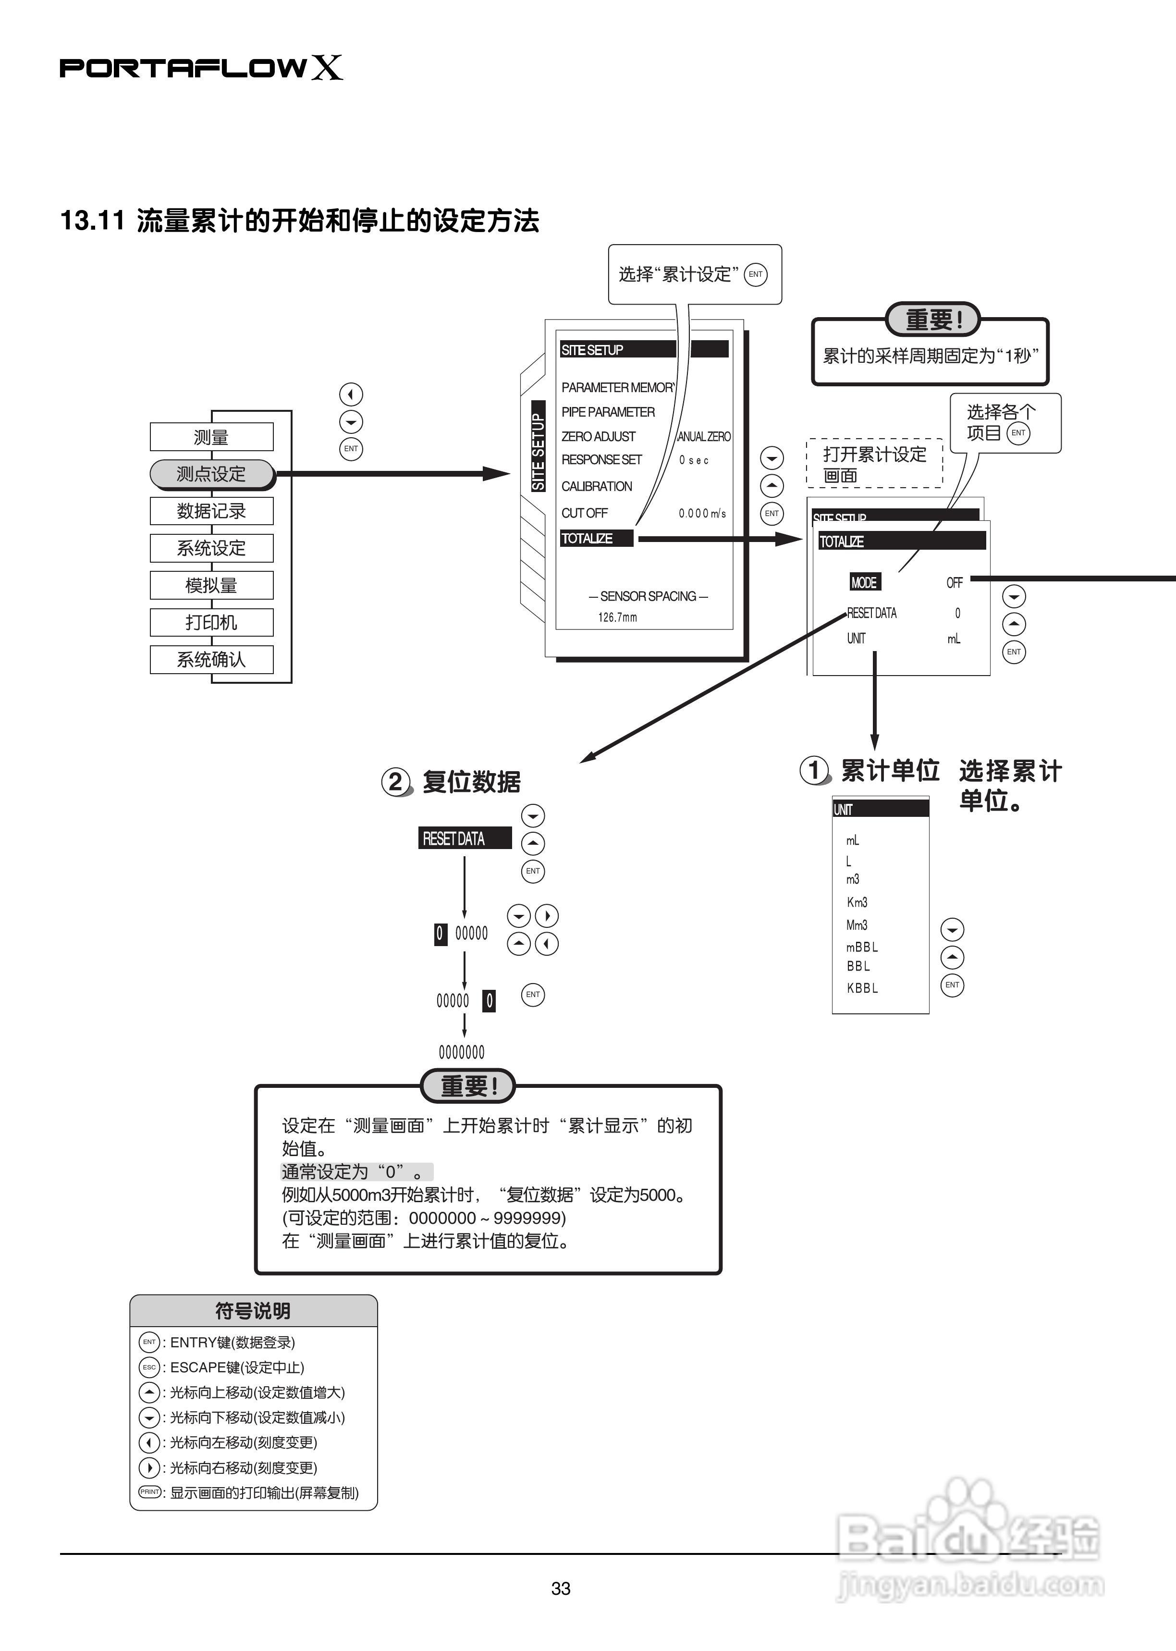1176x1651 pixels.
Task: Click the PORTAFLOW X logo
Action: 201,68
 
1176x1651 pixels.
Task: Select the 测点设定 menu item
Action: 211,474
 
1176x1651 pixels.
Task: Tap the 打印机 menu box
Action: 211,622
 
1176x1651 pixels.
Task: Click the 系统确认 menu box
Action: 211,659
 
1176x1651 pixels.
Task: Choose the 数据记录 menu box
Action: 211,511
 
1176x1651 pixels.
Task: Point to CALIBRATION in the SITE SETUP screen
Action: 597,486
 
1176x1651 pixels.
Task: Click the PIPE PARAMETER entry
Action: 608,411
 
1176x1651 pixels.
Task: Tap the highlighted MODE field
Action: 864,582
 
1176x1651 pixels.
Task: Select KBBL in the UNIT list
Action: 862,988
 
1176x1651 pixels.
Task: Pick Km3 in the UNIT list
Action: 857,902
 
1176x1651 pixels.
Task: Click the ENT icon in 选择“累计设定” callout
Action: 755,274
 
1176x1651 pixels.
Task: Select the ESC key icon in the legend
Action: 148,1367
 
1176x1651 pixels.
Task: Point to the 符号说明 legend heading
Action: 253,1311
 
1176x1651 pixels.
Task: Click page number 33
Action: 561,1589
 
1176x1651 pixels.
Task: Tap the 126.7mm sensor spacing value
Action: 617,617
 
